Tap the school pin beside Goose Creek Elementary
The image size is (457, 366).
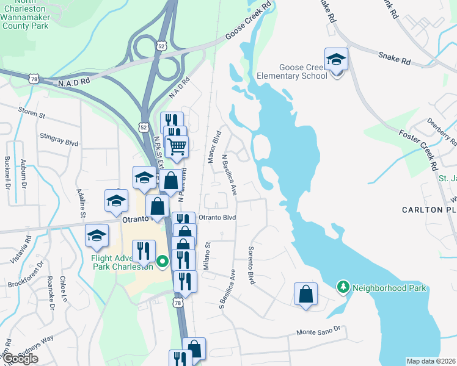point(336,61)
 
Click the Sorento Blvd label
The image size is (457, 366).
point(250,265)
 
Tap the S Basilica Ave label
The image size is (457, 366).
point(226,289)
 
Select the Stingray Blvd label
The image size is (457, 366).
point(59,139)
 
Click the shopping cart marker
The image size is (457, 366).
point(177,146)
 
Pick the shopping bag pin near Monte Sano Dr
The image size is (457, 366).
point(305,294)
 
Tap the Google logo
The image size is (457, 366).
point(20,359)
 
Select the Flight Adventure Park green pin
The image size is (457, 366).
point(162,262)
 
